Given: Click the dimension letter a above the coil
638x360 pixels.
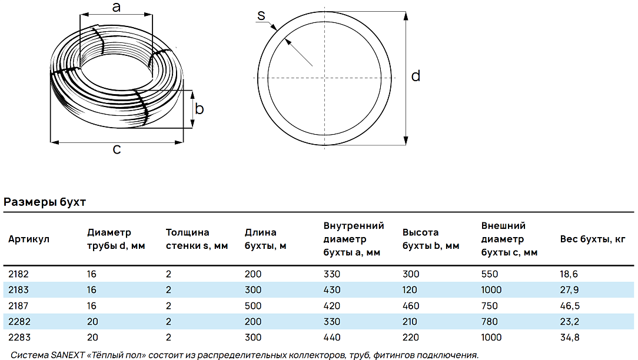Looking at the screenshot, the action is point(117,7).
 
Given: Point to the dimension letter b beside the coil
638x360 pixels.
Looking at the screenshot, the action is point(199,109).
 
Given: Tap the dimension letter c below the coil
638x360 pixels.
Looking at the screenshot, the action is point(117,149).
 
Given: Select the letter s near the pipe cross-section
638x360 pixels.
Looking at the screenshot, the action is point(261,15).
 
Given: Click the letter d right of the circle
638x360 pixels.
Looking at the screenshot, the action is point(416,76).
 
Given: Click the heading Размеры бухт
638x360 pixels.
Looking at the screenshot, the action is point(45,202).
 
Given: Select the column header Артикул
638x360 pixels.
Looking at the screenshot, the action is point(29,239).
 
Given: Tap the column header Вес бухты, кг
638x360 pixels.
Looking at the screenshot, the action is point(593,239).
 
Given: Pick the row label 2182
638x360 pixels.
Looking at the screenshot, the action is point(19,274).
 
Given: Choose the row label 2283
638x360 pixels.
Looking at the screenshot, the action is point(19,337).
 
